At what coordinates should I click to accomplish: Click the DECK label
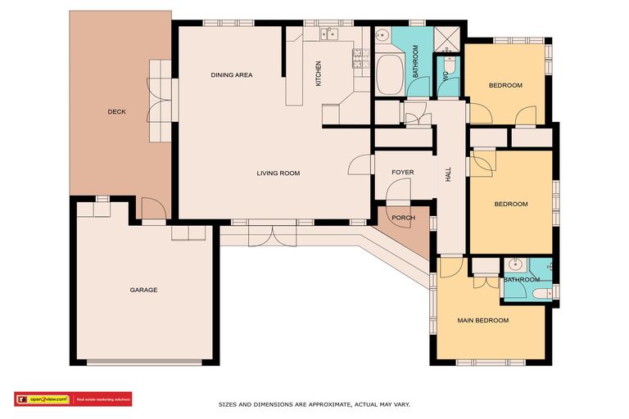tap(116, 112)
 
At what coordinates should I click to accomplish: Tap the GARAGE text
tap(143, 290)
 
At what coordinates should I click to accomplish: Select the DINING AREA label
tap(232, 75)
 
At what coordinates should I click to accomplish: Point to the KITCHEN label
tap(319, 74)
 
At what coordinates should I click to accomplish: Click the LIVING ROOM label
tap(278, 173)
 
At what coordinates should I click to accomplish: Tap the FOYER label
tap(402, 173)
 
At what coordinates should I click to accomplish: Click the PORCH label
tap(403, 218)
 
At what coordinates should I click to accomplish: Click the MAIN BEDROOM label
tap(482, 320)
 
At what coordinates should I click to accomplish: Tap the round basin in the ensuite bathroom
tap(515, 264)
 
